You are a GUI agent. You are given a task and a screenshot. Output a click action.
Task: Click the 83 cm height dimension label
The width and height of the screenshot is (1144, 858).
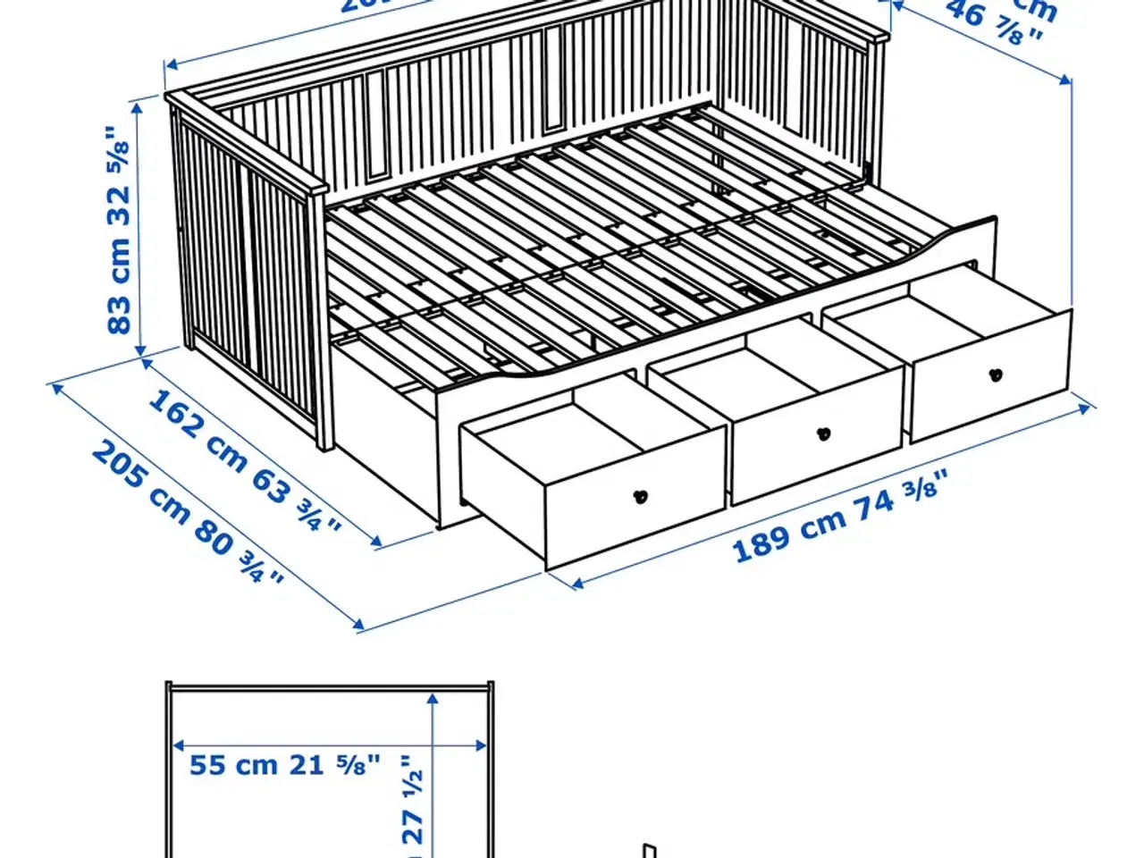click(x=120, y=231)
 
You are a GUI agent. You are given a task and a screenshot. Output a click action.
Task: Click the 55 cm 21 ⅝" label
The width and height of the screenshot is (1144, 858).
click(x=285, y=766)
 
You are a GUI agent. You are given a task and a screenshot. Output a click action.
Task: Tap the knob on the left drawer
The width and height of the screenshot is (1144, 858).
click(x=641, y=496)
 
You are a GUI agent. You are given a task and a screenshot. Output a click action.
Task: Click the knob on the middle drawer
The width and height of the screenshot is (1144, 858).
click(x=823, y=434)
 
